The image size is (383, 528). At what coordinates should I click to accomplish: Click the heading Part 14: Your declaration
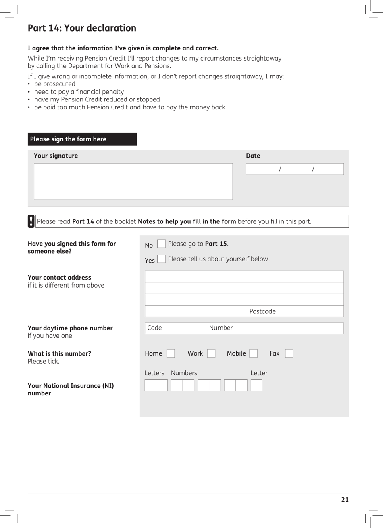tap(82, 28)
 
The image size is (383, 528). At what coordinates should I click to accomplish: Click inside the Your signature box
tap(133, 181)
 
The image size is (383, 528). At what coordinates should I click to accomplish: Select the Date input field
tap(295, 169)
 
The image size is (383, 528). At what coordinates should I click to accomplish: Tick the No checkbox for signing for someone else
tap(161, 244)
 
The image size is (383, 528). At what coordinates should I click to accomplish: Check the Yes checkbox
tap(161, 259)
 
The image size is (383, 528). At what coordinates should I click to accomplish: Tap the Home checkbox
tap(171, 353)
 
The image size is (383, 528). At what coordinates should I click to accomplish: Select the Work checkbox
tap(211, 353)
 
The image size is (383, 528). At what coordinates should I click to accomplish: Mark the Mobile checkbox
tap(253, 353)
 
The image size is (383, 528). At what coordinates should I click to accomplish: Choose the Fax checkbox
tap(289, 353)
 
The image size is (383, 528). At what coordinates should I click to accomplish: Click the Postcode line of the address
tap(244, 311)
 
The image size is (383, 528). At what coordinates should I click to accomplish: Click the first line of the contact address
tap(244, 276)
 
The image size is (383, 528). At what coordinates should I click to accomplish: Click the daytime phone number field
tap(244, 328)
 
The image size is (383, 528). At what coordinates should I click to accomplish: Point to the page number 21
tap(345, 499)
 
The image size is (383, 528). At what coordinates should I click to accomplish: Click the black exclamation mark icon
tap(31, 221)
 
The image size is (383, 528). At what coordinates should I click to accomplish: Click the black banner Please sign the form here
tap(82, 139)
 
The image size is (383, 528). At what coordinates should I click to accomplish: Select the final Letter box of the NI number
tap(256, 385)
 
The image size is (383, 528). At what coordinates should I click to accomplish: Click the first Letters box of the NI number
tap(150, 385)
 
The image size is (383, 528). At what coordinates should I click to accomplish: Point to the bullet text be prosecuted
tap(55, 84)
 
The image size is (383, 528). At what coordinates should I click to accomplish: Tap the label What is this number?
tap(59, 353)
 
